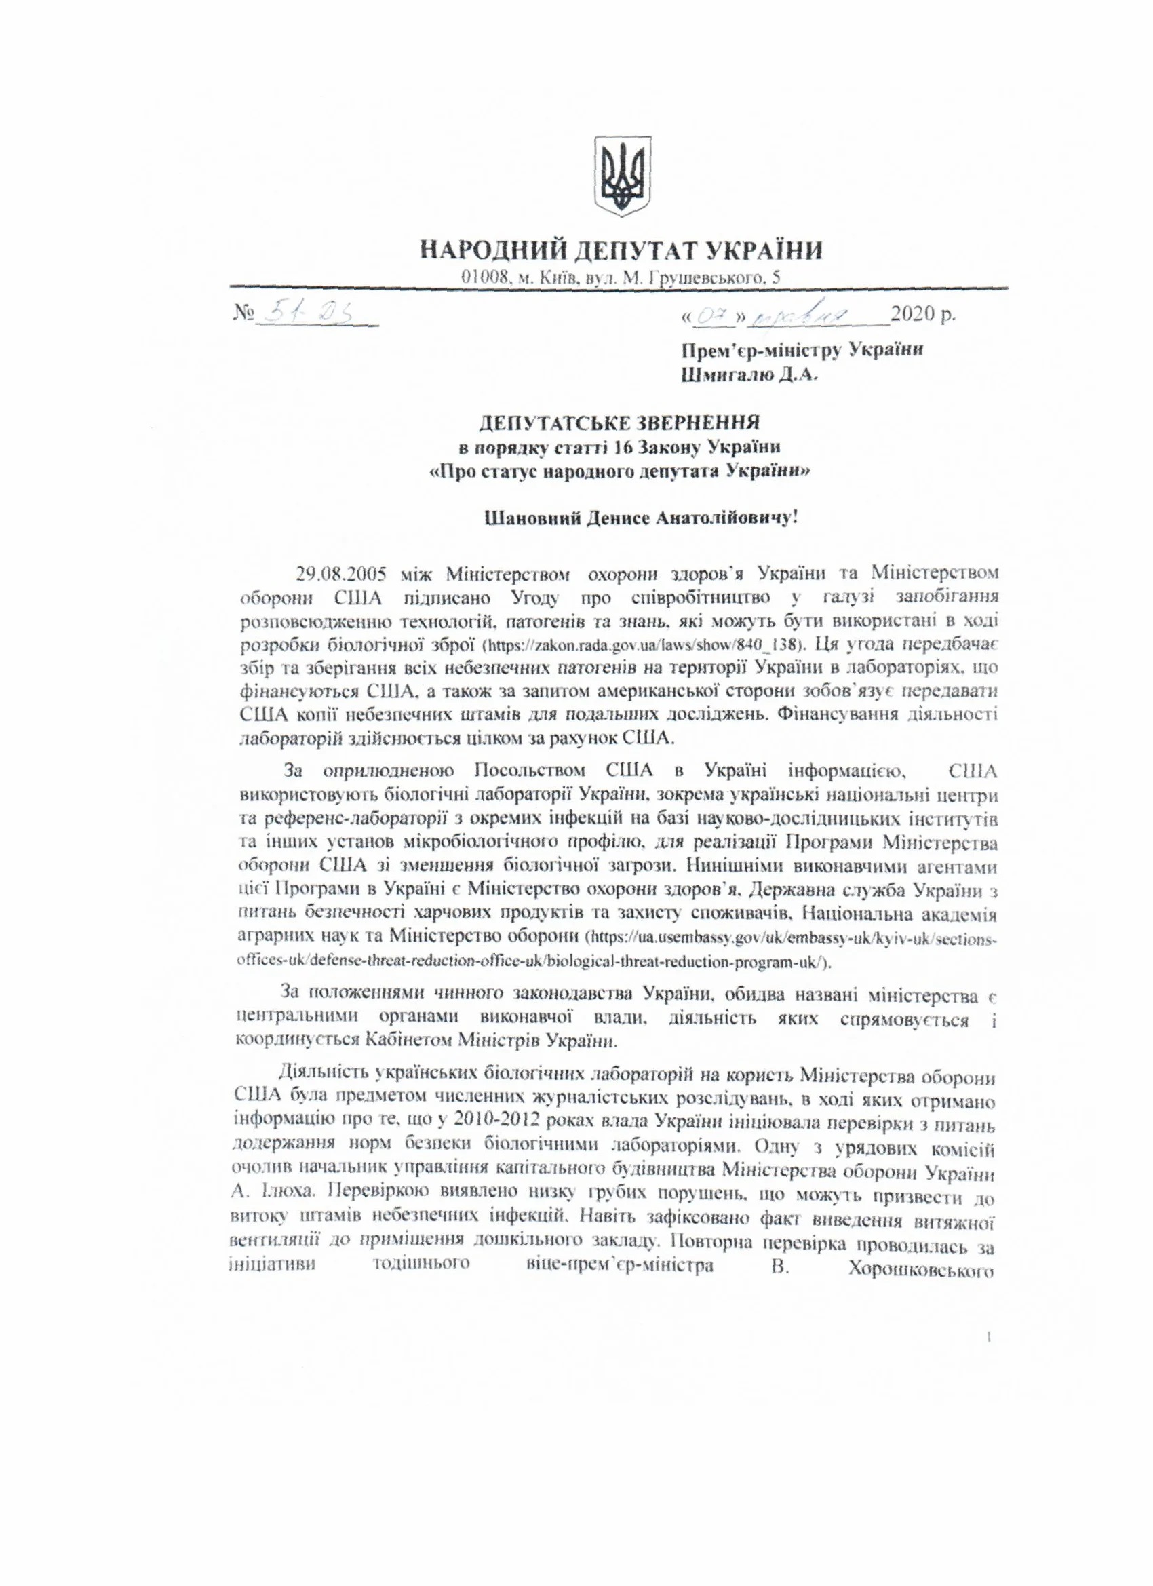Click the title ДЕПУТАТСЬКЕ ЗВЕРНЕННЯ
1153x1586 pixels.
(x=619, y=423)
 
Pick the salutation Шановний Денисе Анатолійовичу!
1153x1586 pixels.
(x=619, y=518)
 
